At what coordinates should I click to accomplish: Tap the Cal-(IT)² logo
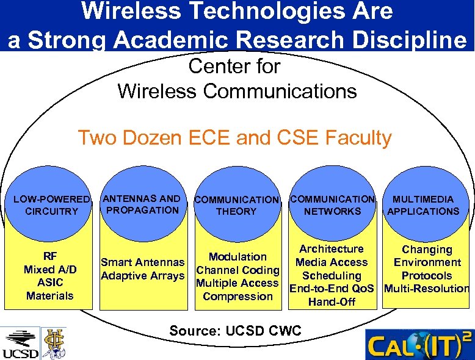419,345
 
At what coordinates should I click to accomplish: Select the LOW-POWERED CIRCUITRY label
52,206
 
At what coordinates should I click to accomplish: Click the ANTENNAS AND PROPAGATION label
142,204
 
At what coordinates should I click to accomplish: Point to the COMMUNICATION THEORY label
236,206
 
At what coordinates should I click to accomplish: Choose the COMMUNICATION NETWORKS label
333,205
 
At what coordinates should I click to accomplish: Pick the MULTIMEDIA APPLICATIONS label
423,206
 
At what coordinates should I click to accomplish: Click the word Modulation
237,257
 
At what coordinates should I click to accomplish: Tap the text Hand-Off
332,302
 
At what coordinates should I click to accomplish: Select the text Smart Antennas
142,262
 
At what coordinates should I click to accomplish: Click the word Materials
49,296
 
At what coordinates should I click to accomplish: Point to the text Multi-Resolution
427,289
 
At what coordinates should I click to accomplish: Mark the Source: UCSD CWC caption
235,331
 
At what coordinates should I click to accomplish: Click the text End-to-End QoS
332,289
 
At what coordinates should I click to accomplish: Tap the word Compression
237,297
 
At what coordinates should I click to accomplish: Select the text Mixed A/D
49,269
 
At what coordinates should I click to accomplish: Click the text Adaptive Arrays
142,276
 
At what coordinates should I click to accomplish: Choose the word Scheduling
332,276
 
